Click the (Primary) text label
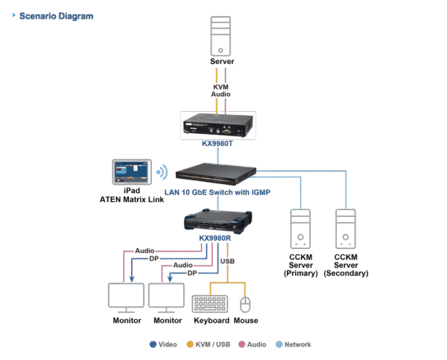tap(300, 274)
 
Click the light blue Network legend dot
tap(279, 344)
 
